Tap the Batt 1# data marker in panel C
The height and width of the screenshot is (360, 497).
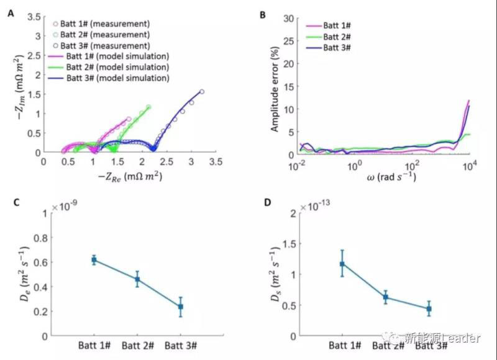(x=94, y=260)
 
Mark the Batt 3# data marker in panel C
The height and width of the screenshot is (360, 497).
(x=181, y=307)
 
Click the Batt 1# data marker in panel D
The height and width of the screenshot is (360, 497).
(x=342, y=264)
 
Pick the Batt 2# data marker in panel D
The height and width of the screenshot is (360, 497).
(x=385, y=297)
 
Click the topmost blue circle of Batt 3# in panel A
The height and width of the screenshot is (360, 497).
(x=202, y=91)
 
